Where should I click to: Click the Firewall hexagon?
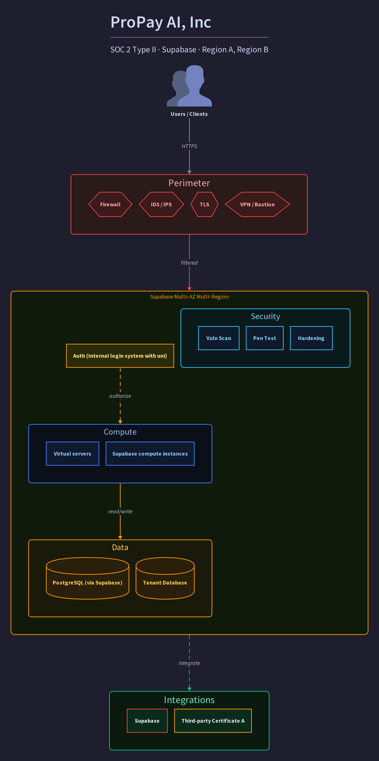tap(110, 204)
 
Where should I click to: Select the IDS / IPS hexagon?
tap(161, 204)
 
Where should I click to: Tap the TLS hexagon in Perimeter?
tap(204, 204)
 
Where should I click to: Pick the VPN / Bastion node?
tap(257, 204)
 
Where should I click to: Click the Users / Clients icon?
tap(189, 86)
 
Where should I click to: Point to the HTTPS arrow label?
tap(189, 146)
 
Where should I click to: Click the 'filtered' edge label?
tap(189, 263)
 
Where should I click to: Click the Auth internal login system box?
tap(120, 356)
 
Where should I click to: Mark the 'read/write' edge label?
tap(120, 511)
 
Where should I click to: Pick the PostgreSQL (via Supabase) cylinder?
tap(87, 578)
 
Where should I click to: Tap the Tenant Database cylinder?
tap(165, 578)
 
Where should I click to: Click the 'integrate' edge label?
tap(189, 663)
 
